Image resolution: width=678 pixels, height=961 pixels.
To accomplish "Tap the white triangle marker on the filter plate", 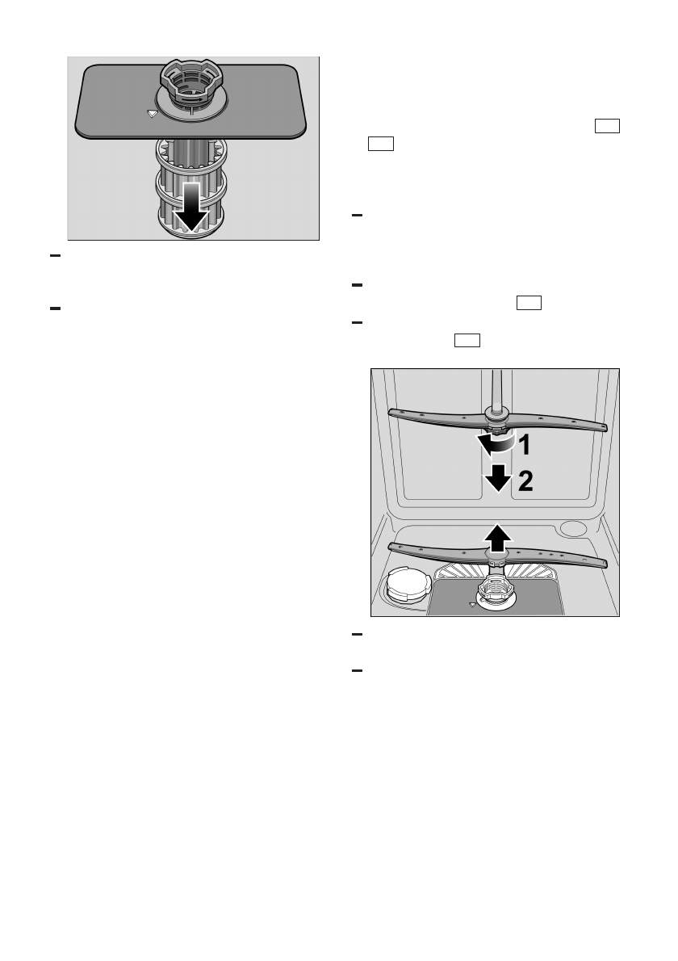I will click(x=151, y=115).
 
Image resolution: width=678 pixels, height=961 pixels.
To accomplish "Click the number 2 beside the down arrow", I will click(x=525, y=481).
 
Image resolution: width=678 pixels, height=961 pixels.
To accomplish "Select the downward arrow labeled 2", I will click(x=498, y=479).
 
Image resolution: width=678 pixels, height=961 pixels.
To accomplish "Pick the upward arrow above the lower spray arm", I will click(x=497, y=536).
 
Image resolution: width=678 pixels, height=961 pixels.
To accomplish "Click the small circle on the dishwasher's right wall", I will click(x=573, y=528).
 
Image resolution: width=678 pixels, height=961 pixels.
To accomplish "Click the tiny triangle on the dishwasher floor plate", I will click(x=471, y=604).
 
